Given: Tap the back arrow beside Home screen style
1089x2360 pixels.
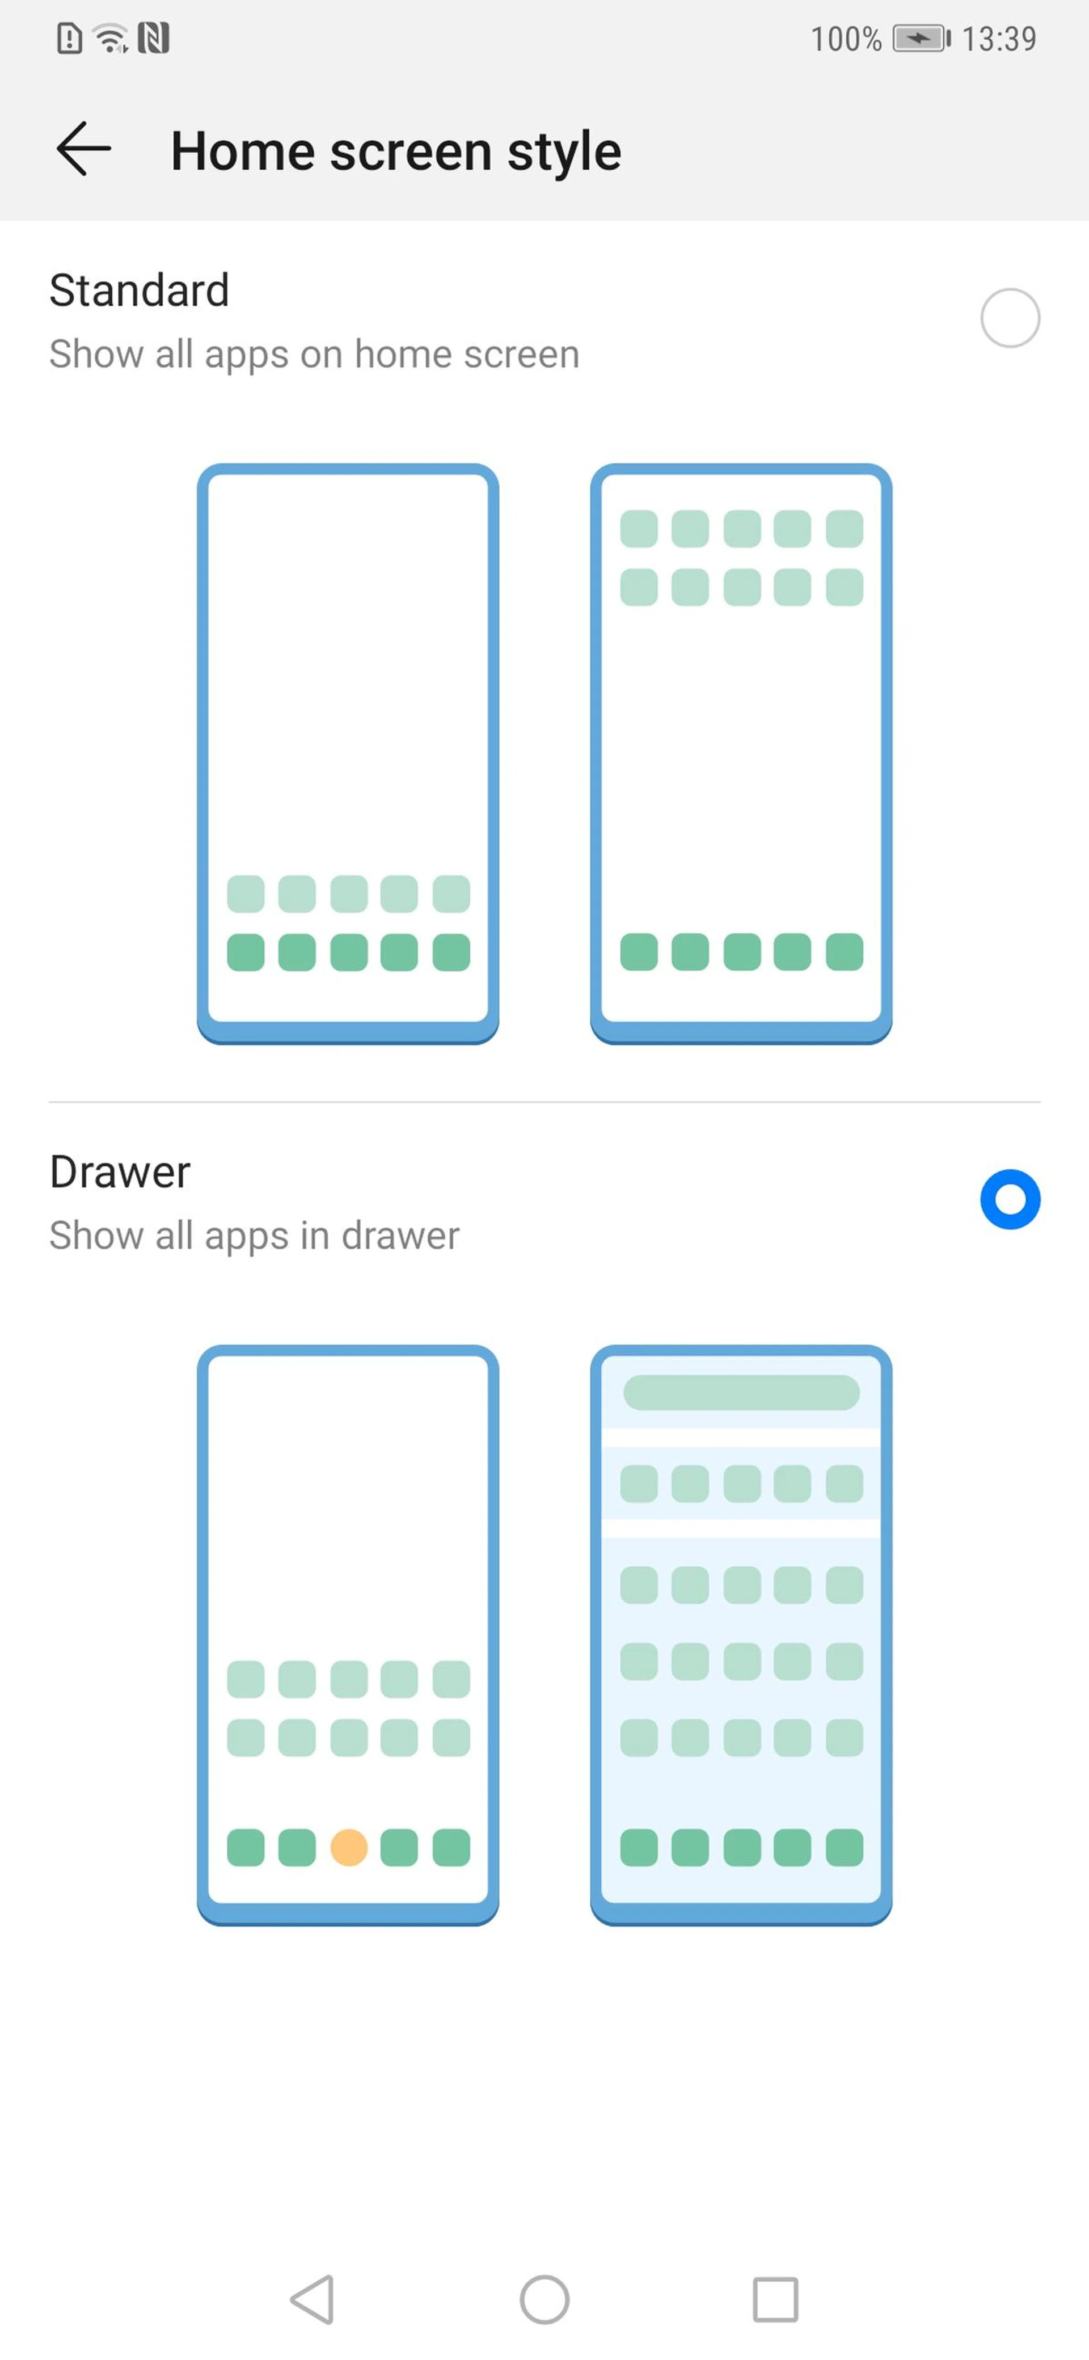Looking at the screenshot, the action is [83, 149].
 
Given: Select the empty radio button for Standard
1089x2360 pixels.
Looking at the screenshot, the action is [1010, 318].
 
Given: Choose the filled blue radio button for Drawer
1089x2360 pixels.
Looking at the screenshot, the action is [1010, 1199].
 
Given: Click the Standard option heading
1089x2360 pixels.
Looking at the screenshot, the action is [139, 290].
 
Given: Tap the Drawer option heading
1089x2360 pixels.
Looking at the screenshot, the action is [120, 1171].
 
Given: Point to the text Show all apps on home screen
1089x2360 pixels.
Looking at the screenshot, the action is [314, 355].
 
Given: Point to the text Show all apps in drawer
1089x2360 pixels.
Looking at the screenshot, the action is [255, 1236].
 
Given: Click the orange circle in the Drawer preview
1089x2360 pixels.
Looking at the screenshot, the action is [348, 1848].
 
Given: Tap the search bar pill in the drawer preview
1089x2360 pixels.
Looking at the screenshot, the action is [741, 1393].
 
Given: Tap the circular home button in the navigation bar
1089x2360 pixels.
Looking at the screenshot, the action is [545, 2299].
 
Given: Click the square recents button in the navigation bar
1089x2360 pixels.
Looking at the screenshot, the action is [776, 2299].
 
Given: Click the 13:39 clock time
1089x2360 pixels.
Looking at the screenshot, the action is [999, 39].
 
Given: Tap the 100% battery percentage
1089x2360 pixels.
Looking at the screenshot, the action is [845, 39].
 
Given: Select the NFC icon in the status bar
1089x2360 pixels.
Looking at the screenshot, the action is [154, 39].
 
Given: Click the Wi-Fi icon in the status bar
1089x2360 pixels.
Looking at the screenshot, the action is [112, 39].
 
